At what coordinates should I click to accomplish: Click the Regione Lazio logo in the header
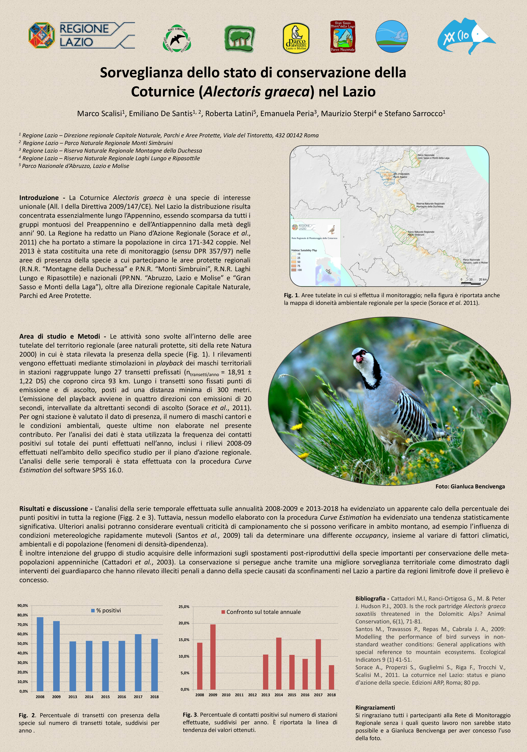coord(81,35)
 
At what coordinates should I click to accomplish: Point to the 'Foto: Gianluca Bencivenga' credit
coord(470,486)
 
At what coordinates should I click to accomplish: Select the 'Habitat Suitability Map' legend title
coord(304,250)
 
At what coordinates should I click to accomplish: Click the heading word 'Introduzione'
coord(39,198)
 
